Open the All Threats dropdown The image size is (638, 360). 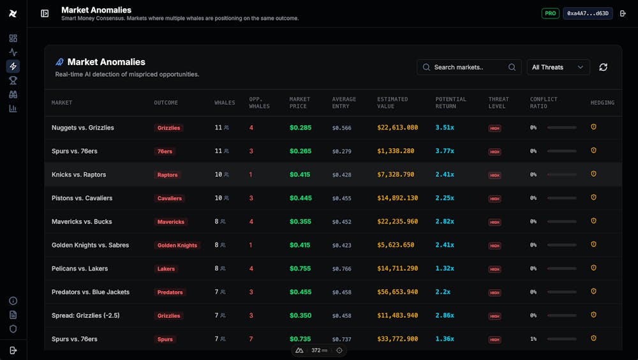[558, 67]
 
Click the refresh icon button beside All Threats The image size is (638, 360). [603, 67]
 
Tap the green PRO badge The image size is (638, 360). [550, 13]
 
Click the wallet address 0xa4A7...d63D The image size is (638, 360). [588, 13]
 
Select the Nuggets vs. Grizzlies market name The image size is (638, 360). [83, 128]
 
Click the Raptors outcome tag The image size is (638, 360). [168, 175]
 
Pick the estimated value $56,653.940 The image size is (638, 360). [397, 292]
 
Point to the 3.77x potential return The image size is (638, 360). [445, 151]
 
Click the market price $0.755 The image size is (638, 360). [300, 269]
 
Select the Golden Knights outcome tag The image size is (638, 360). [177, 245]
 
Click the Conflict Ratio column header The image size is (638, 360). [544, 103]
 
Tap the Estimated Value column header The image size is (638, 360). [393, 103]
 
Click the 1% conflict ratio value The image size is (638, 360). [533, 339]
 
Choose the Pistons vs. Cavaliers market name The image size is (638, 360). [82, 198]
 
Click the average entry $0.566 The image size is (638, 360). [341, 128]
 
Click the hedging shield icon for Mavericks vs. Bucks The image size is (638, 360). [593, 221]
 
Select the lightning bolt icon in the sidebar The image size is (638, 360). [13, 66]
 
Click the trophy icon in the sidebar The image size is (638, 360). [13, 80]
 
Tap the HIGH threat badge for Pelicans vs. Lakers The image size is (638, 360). [494, 269]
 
